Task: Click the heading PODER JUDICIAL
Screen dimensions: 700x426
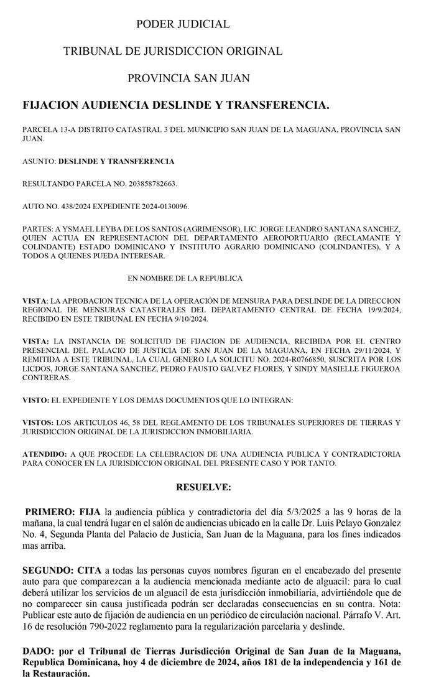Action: [183, 24]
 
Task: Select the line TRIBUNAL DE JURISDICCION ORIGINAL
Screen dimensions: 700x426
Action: [173, 51]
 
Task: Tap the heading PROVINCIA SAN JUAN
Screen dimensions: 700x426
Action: [188, 78]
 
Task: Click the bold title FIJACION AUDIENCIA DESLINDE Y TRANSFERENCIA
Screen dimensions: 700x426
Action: [175, 106]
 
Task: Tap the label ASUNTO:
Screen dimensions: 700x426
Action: [39, 161]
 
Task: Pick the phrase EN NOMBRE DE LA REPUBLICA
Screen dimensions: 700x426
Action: [185, 278]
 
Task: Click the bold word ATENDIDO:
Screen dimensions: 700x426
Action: [44, 454]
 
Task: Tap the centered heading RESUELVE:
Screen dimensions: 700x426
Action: [203, 487]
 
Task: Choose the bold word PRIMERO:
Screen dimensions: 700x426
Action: [50, 512]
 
